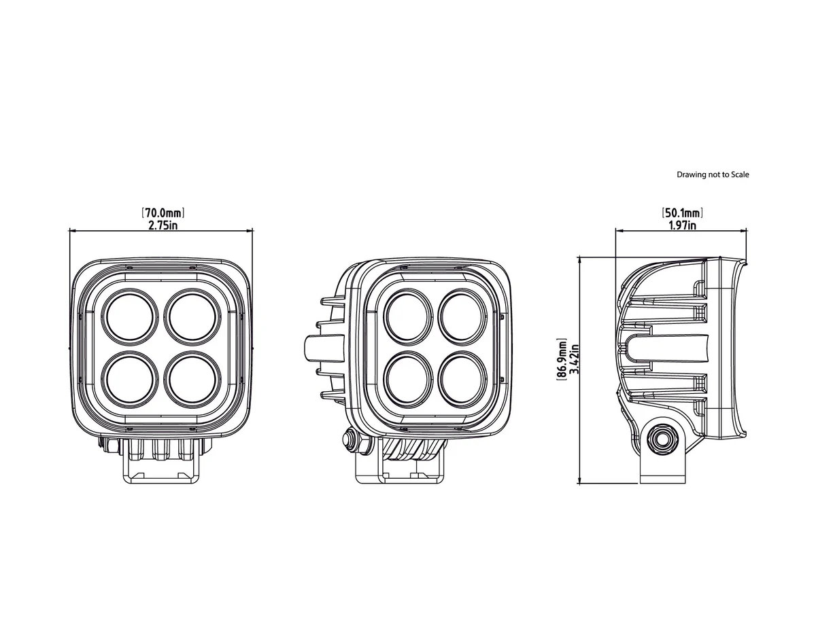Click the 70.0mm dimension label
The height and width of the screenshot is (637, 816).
pos(163,213)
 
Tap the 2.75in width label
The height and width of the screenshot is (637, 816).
pos(163,225)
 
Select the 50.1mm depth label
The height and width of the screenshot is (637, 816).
pos(681,213)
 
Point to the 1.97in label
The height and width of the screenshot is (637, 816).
pos(682,225)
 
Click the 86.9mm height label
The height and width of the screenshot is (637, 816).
pos(562,359)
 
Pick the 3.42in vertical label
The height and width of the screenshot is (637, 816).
pos(573,359)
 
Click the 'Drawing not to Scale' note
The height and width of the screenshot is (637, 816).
pos(713,175)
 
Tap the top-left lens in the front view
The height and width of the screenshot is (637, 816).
pos(130,317)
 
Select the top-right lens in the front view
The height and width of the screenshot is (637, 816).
pos(192,317)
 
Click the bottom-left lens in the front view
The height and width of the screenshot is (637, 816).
pos(130,380)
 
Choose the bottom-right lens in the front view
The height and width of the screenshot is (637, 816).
pos(192,380)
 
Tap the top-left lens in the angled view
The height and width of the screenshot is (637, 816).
pos(408,317)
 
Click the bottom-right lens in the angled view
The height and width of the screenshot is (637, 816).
pos(462,380)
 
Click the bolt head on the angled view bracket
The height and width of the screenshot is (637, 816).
pos(350,438)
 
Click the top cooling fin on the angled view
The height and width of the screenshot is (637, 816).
pos(333,301)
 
